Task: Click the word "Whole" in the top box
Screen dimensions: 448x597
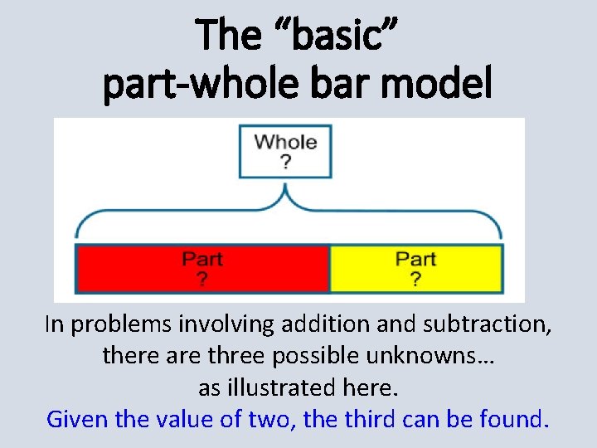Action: (x=285, y=142)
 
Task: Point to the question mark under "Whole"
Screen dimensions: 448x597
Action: (x=285, y=161)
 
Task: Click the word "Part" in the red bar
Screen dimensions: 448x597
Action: (x=202, y=260)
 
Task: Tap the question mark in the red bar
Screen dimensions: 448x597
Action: (x=202, y=279)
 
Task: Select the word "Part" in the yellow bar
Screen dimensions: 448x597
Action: (x=415, y=260)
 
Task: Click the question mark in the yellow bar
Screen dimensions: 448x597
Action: (x=415, y=279)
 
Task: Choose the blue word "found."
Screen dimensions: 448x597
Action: (x=514, y=419)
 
